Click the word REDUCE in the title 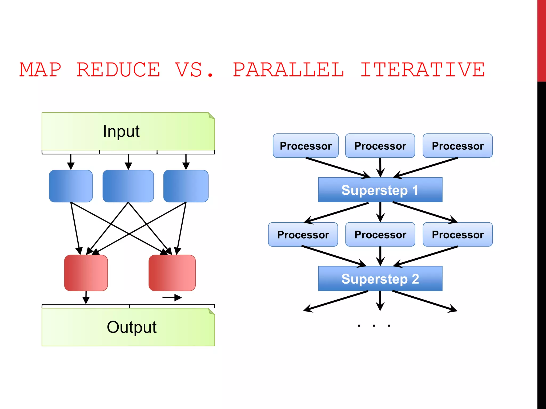[x=118, y=70]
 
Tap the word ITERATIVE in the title [x=423, y=70]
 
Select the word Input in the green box [x=121, y=131]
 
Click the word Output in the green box [x=131, y=327]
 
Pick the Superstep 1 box [x=380, y=190]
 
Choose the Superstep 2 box [x=380, y=279]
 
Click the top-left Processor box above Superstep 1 [x=306, y=146]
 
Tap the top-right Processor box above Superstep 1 [x=457, y=146]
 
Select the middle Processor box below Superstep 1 [x=380, y=234]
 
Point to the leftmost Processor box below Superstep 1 [x=303, y=234]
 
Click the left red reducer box [x=86, y=273]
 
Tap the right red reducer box [x=172, y=273]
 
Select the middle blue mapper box [x=128, y=186]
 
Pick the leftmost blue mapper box [x=71, y=186]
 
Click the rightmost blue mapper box [x=186, y=186]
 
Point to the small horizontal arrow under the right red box [x=172, y=297]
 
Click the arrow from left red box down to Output [x=86, y=297]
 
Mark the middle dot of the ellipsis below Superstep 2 [x=374, y=325]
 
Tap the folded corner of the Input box [x=211, y=116]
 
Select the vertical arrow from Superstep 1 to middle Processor [x=380, y=212]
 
